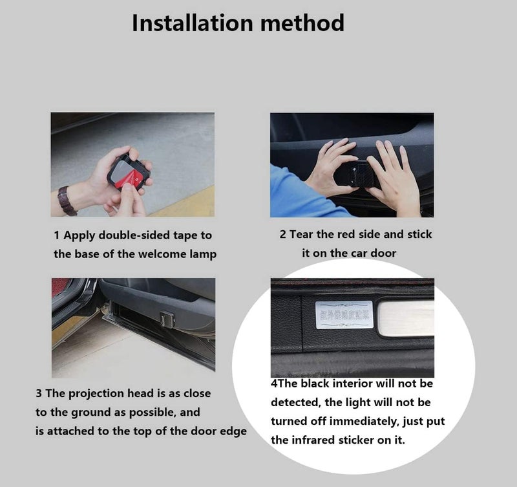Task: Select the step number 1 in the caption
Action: (x=57, y=235)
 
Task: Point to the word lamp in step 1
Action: (x=201, y=254)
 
